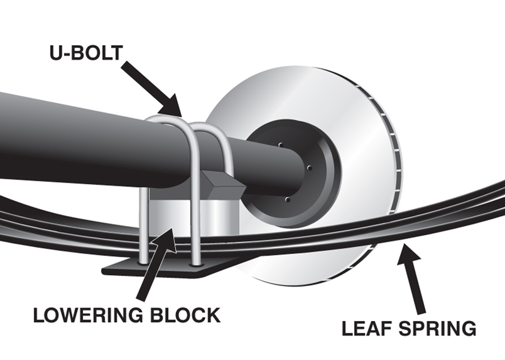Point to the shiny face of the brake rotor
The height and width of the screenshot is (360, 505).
[352, 113]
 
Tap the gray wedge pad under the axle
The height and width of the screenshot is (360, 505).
[220, 182]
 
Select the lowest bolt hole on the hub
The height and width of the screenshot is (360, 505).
[286, 200]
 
